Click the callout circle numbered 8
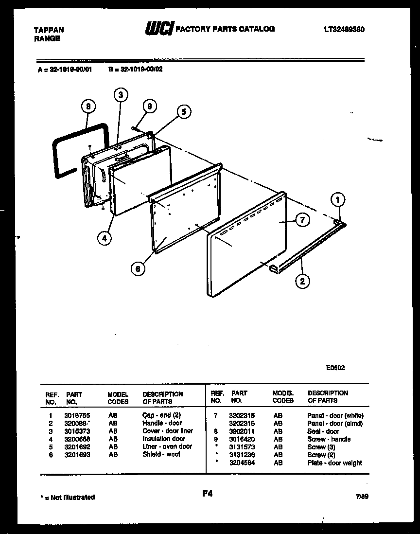[88, 107]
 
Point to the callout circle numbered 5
[183, 112]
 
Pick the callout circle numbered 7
[302, 220]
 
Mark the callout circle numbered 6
[139, 268]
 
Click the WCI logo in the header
[158, 29]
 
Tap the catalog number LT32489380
[344, 29]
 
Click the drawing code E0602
[335, 368]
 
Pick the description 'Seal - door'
[323, 431]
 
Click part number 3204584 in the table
[242, 463]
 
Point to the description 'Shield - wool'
[161, 454]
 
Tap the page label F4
[208, 494]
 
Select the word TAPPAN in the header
[49, 30]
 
